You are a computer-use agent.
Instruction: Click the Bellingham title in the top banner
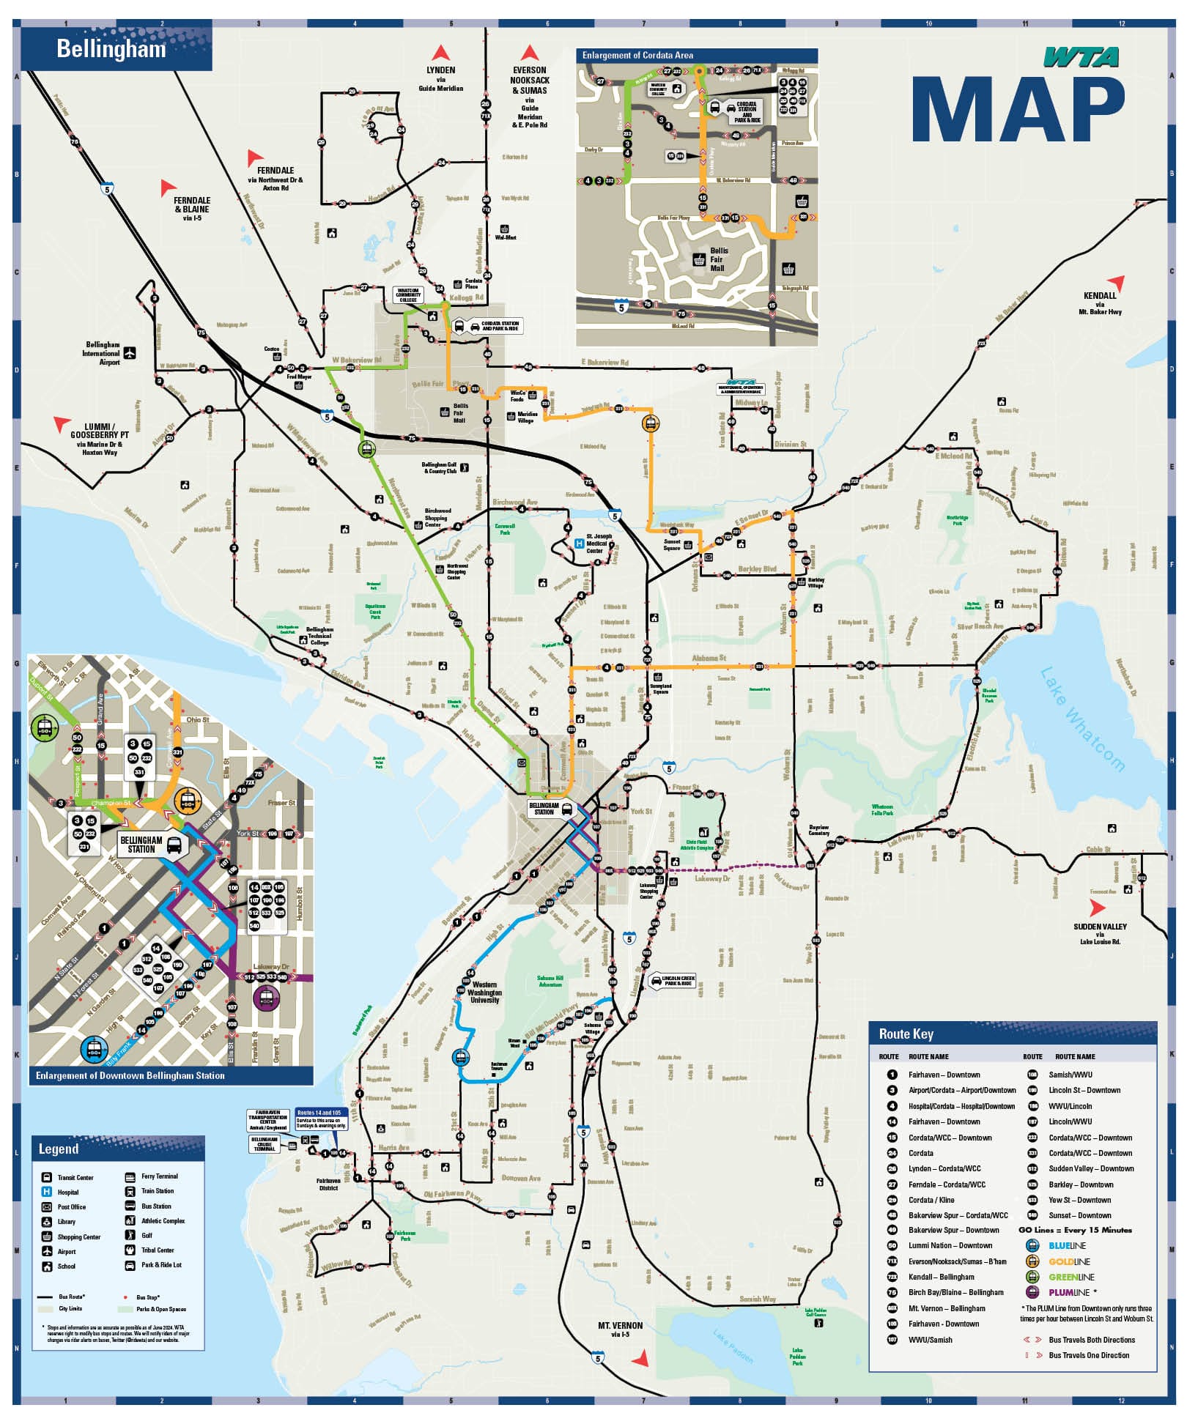[x=111, y=49]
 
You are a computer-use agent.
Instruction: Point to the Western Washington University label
[x=484, y=993]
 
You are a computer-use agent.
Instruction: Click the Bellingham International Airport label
[x=103, y=353]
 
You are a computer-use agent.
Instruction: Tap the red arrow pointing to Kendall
[x=1115, y=282]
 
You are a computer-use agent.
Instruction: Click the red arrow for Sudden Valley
[x=1096, y=908]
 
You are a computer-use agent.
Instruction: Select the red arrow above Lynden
[x=440, y=53]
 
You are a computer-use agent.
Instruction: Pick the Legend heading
[x=58, y=1149]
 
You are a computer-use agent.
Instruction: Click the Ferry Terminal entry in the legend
[x=159, y=1176]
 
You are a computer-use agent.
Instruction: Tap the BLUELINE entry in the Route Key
[x=1067, y=1245]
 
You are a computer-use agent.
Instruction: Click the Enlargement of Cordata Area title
[x=637, y=56]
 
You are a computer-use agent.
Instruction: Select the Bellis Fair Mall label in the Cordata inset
[x=718, y=259]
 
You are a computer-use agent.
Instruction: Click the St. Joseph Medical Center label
[x=599, y=544]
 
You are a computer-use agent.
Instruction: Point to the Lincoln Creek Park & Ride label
[x=677, y=981]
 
